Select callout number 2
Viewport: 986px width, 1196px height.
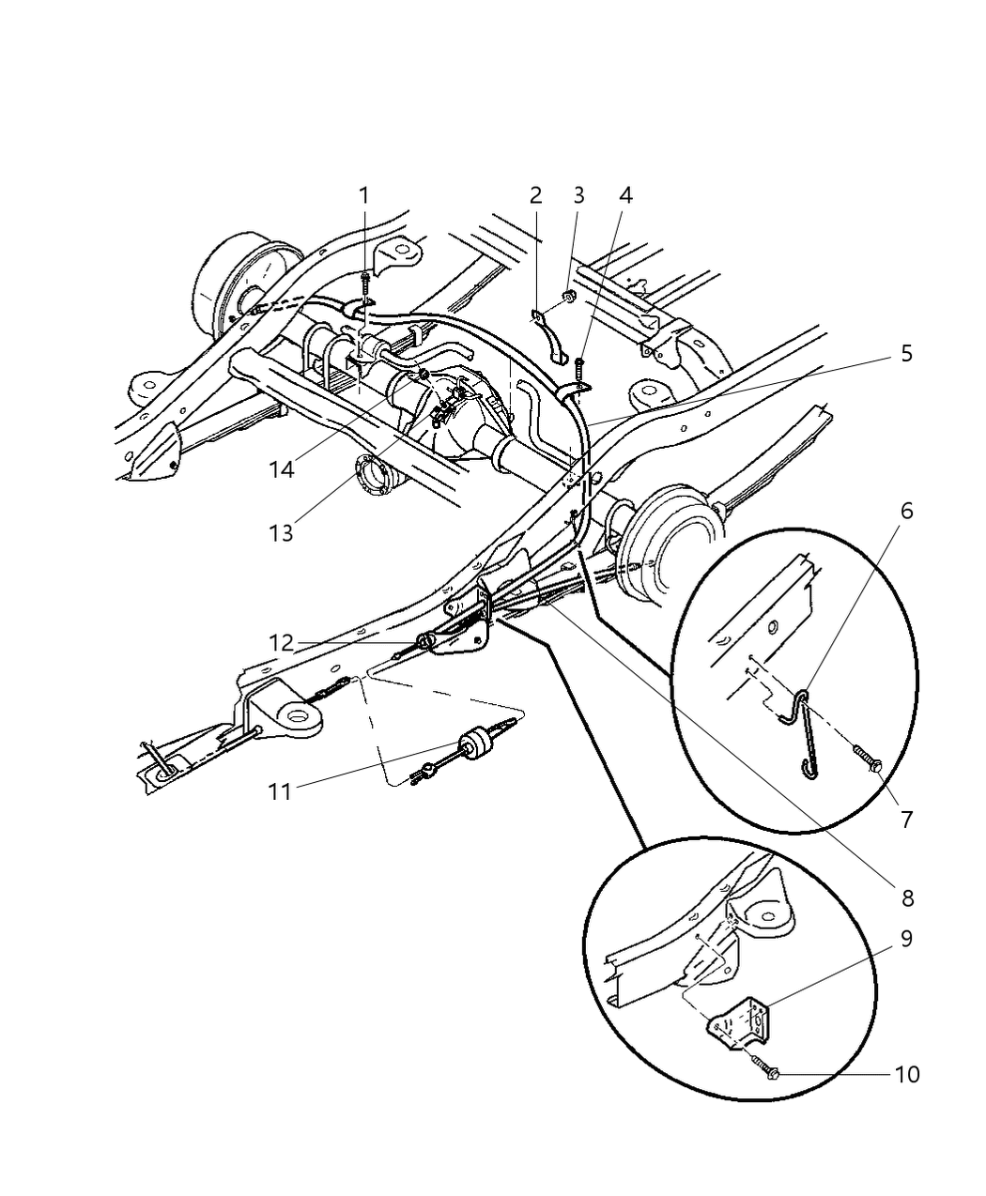point(535,195)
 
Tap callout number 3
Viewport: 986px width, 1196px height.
point(578,195)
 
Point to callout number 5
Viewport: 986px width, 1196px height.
point(906,354)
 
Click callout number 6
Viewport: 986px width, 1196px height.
point(906,512)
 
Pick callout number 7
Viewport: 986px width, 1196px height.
point(906,819)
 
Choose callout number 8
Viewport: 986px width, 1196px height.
point(906,898)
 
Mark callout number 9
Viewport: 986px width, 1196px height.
point(906,939)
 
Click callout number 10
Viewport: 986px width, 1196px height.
point(906,1073)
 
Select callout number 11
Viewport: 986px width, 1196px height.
point(280,791)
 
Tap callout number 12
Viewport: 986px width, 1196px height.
point(281,643)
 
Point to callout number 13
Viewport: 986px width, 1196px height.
point(281,533)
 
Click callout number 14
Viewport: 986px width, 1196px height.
point(281,469)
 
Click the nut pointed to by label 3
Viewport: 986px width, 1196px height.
point(568,299)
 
